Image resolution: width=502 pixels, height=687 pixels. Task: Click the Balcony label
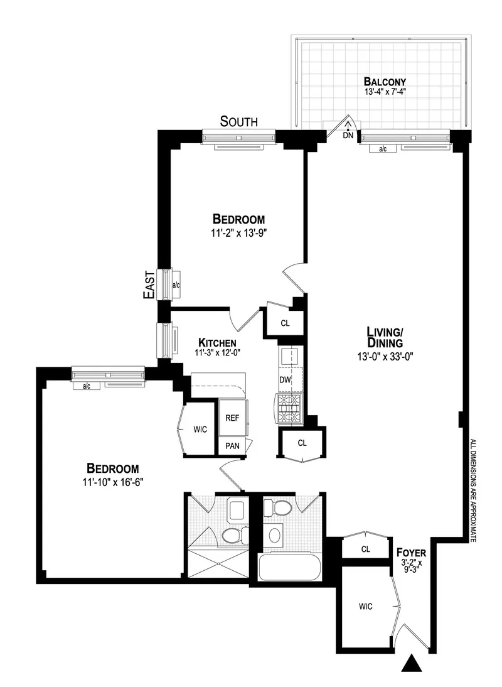385,82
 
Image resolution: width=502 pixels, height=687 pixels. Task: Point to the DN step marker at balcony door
348,135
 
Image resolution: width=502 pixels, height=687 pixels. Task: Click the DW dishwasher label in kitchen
286,379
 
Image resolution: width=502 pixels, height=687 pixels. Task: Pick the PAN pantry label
232,446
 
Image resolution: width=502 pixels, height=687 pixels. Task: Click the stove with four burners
291,407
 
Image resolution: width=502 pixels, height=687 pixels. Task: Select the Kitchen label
217,342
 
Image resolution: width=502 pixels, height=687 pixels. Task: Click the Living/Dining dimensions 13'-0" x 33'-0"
385,356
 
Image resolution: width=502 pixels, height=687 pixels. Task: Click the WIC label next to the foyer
366,607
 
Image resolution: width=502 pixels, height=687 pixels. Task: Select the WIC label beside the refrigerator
200,430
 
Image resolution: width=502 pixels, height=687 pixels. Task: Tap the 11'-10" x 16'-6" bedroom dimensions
112,481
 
